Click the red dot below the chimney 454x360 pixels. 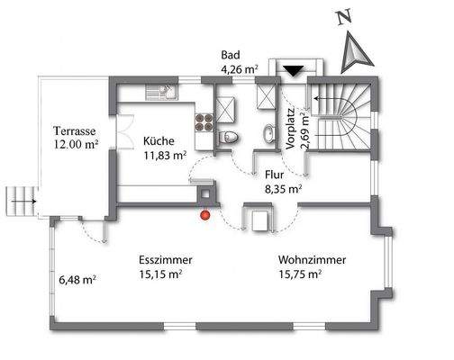(x=205, y=215)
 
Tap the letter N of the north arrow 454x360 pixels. (x=344, y=17)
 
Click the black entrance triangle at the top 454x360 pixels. (x=294, y=71)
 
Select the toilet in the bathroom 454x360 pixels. (x=227, y=138)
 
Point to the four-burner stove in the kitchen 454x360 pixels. (x=204, y=122)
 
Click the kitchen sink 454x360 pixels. (x=162, y=92)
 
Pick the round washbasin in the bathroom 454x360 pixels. (x=270, y=133)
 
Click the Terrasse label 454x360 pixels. (x=75, y=131)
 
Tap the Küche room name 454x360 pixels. (x=159, y=141)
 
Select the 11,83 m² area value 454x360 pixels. (x=165, y=156)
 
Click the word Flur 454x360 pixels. (x=275, y=175)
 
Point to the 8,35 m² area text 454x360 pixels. (x=283, y=189)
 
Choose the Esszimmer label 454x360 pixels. (x=166, y=260)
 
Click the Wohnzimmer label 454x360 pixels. (x=312, y=260)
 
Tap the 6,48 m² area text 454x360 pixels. (x=77, y=280)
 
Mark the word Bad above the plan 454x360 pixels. (x=231, y=55)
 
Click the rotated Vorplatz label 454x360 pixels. (x=291, y=129)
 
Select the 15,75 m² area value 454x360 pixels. (x=300, y=274)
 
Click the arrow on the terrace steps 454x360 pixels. (x=24, y=202)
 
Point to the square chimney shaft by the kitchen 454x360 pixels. (x=205, y=194)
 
